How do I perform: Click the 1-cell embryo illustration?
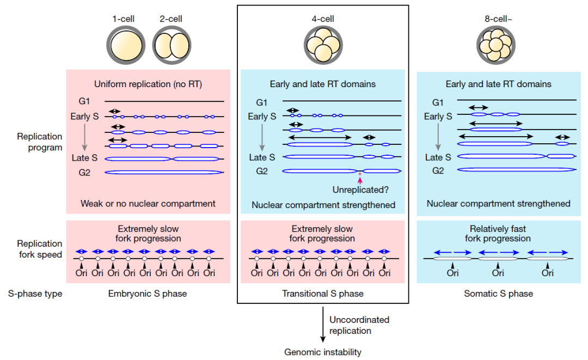126,45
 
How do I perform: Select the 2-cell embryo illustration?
171,45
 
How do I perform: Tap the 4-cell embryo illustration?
323,45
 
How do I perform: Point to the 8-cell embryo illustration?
496,45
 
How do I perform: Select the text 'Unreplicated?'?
360,190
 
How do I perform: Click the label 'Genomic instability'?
323,352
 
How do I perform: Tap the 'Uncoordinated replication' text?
359,325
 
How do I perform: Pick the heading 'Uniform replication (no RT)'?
148,84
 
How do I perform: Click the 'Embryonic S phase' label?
148,294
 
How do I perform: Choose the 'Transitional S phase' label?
323,294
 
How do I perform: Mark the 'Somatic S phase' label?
498,294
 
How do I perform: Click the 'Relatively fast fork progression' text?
498,234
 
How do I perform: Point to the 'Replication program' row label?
40,142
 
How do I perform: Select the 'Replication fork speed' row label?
40,249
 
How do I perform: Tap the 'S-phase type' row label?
35,294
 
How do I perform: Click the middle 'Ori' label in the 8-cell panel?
498,273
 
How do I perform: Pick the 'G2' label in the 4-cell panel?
262,172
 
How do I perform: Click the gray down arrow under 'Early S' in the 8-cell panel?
438,137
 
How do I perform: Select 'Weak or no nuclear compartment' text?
148,204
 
